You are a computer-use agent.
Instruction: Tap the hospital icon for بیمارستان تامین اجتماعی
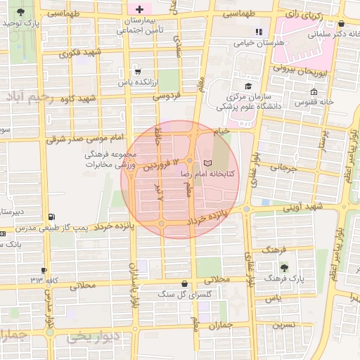click(139, 10)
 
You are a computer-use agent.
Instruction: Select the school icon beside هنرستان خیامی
click(258, 32)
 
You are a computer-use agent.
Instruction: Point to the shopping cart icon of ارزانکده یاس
click(138, 71)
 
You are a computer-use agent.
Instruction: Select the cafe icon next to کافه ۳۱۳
click(44, 270)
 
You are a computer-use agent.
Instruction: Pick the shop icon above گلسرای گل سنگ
click(184, 283)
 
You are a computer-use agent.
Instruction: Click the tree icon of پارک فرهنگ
click(284, 267)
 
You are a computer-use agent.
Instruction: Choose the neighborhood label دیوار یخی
click(89, 338)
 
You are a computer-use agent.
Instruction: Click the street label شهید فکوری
click(81, 52)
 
